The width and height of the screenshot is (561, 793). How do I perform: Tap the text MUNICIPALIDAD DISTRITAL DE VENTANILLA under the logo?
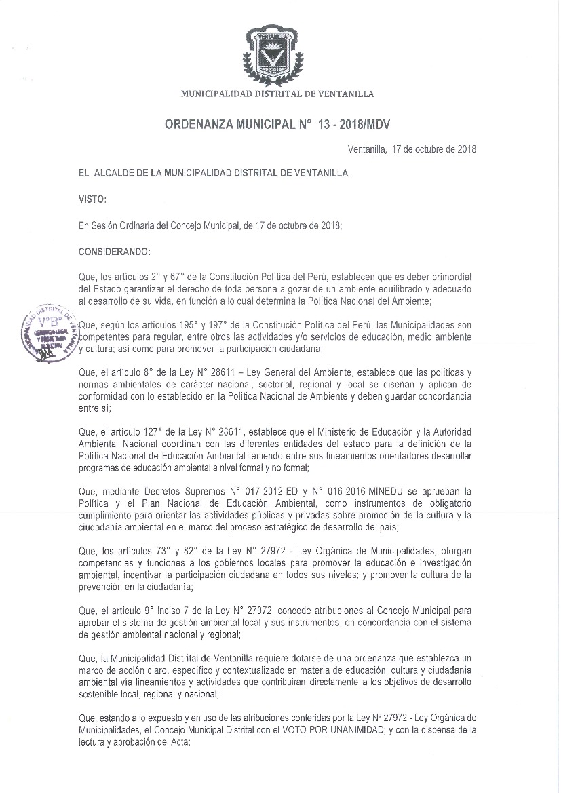coord(276,94)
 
